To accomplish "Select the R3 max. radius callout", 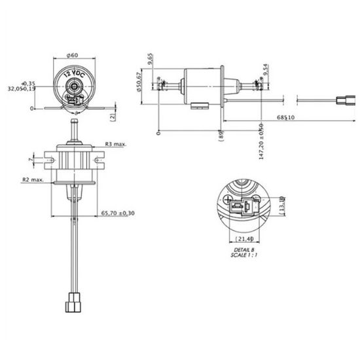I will [x=115, y=143].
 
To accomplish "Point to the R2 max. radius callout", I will [x=32, y=179].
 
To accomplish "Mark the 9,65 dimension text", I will [x=151, y=62].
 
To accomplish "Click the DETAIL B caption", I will [x=243, y=249].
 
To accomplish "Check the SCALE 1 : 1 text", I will [x=243, y=255].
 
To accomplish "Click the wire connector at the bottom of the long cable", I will [x=72, y=304].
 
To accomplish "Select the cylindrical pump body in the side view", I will [x=204, y=85].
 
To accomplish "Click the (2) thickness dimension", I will [x=113, y=116].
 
